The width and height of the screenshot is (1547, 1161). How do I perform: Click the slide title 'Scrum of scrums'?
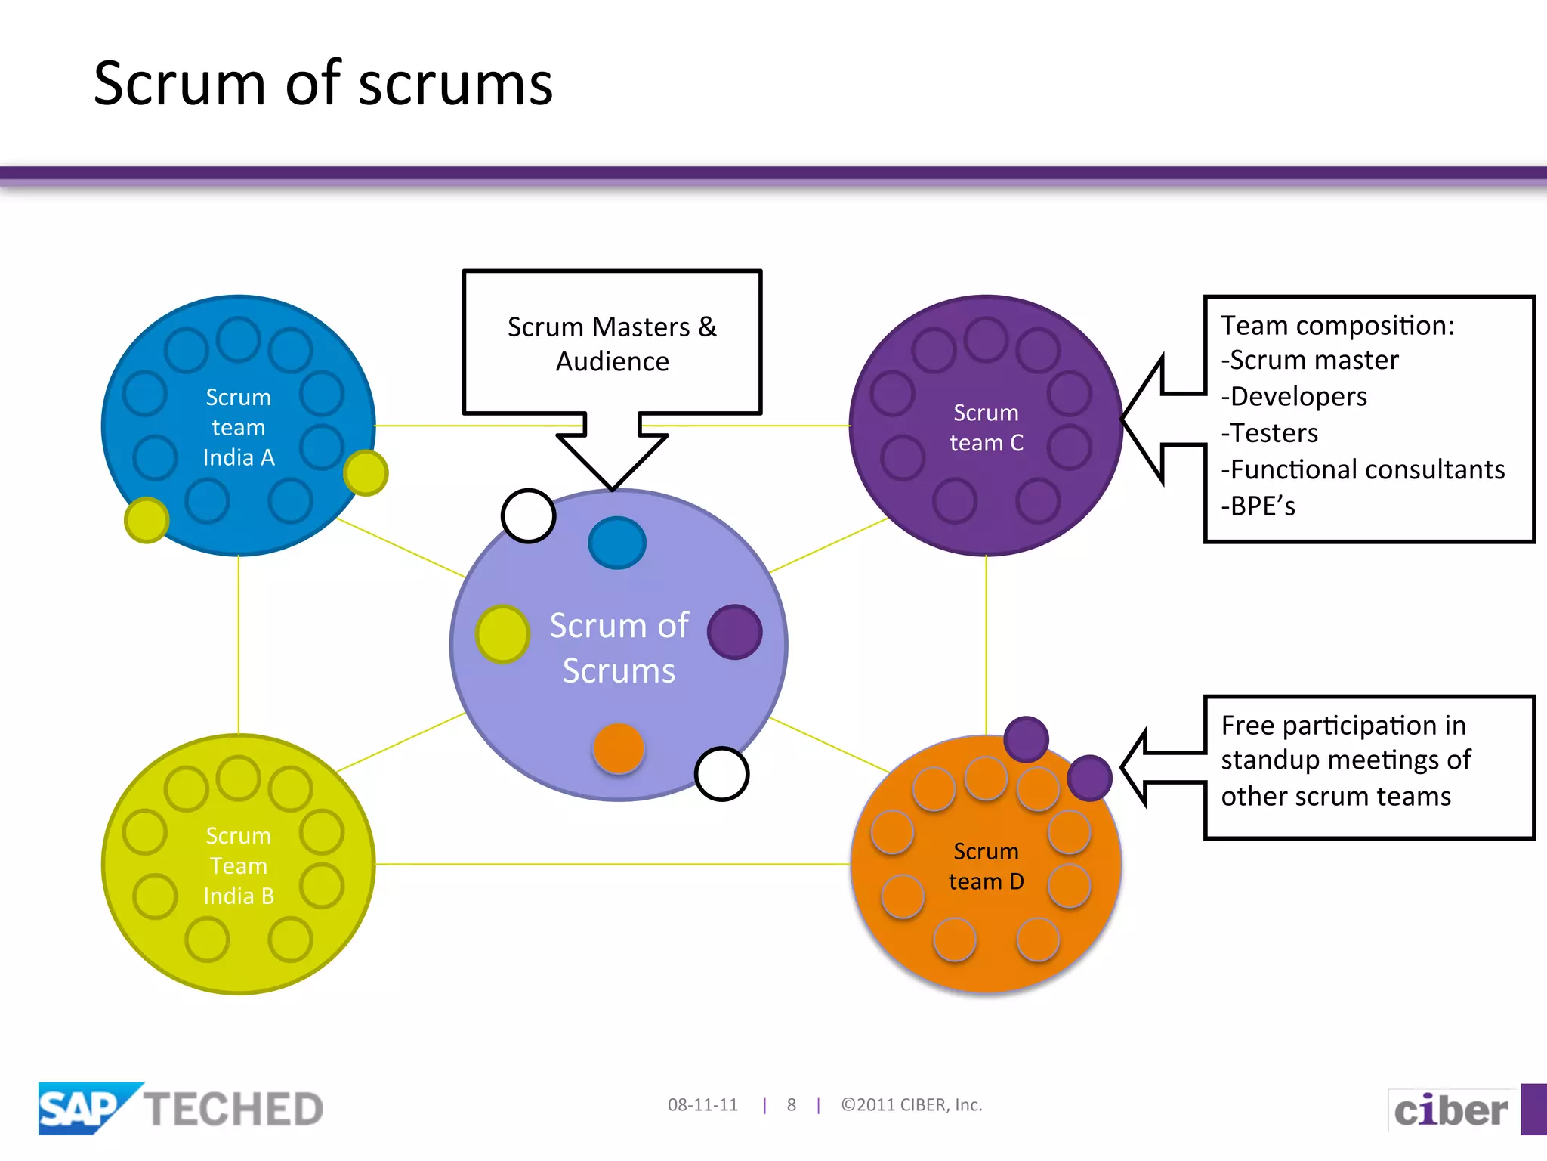[x=323, y=83]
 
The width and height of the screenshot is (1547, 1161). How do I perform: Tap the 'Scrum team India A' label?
[x=239, y=427]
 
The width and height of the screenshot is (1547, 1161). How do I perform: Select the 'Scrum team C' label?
[x=986, y=428]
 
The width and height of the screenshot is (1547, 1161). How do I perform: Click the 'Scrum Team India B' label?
[x=239, y=865]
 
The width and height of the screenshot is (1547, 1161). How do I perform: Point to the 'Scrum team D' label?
[x=986, y=866]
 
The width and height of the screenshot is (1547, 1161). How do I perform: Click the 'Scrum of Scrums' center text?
[x=619, y=648]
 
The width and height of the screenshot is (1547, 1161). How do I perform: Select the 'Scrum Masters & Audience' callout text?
[x=612, y=344]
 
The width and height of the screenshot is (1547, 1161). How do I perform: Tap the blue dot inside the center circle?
[x=617, y=543]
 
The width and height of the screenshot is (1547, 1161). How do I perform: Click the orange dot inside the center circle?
[x=619, y=748]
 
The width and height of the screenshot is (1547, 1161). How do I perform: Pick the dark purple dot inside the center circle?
[x=734, y=632]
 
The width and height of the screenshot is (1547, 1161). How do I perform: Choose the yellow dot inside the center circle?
[x=502, y=634]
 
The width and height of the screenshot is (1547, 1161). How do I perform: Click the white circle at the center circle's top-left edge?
[x=528, y=515]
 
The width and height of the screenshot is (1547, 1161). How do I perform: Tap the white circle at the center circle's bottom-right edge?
[x=721, y=773]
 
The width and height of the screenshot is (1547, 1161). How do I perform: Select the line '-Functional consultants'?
[x=1363, y=469]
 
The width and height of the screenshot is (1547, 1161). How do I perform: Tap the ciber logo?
[x=1450, y=1110]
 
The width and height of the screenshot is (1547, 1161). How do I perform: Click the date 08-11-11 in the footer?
[x=702, y=1105]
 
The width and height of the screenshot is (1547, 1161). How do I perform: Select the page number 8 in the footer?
[x=791, y=1105]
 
